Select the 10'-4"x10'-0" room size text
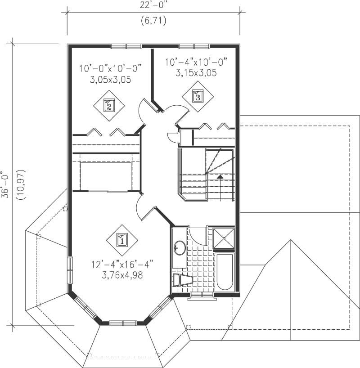point(196,62)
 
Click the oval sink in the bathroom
point(180,248)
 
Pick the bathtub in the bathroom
point(224,273)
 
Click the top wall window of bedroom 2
point(126,46)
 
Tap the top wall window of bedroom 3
point(194,46)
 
